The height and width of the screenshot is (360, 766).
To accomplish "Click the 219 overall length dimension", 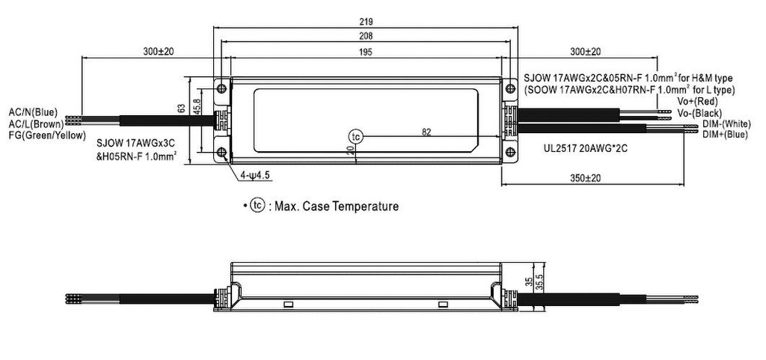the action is (x=367, y=22).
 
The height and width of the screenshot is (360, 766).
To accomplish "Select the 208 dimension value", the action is (x=367, y=36).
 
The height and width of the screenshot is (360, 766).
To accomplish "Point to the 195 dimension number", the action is (x=367, y=52).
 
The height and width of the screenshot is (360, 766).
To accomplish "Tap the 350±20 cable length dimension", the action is (x=586, y=178).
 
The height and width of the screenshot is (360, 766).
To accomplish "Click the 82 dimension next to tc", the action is (x=426, y=132).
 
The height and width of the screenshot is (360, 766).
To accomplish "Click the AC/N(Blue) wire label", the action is (x=33, y=112).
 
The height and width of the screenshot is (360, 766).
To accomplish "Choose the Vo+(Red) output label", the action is (x=697, y=101).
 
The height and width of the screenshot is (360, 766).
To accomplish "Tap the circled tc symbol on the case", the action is (x=356, y=136).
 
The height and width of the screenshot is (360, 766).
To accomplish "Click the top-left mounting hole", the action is (x=221, y=88).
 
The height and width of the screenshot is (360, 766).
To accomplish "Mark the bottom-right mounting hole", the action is (x=510, y=153).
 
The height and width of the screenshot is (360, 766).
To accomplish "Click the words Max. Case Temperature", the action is (x=337, y=206).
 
